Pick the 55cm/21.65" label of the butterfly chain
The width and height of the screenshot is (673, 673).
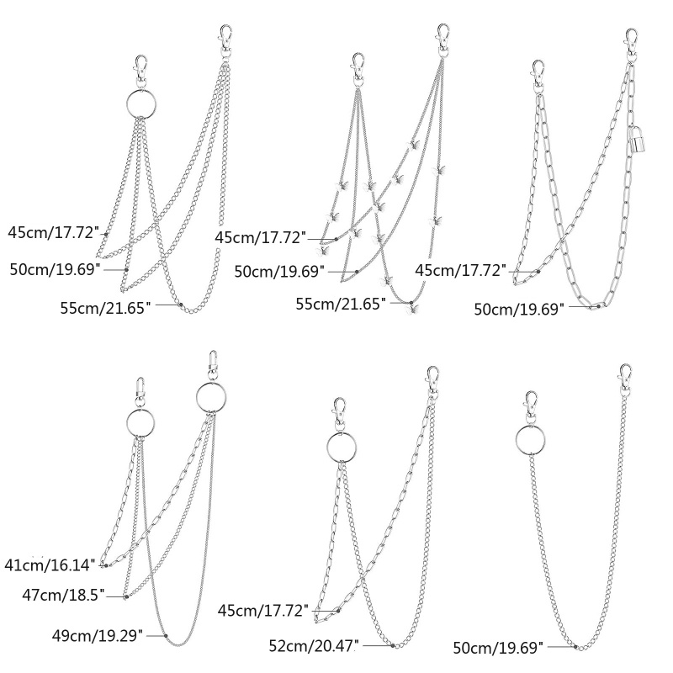pos(341,302)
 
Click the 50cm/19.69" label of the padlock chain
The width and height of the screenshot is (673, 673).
pos(519,309)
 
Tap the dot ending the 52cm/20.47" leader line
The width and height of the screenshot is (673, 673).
pos(393,645)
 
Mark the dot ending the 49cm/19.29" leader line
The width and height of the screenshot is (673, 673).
pos(166,634)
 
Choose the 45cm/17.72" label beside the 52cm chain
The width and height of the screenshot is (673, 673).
pos(263,610)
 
